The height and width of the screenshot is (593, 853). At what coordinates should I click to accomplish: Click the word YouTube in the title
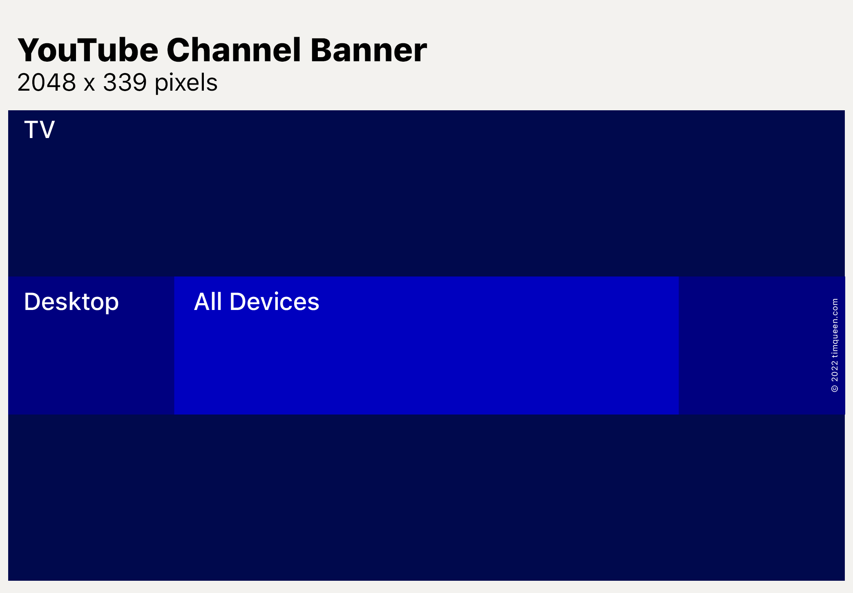(88, 50)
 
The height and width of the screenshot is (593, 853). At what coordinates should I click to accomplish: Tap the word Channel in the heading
(234, 50)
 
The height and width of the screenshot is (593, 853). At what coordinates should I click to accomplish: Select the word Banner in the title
(369, 50)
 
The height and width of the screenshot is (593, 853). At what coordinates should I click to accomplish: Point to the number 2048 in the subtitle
(47, 82)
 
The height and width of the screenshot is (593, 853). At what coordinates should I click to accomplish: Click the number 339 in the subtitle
(125, 82)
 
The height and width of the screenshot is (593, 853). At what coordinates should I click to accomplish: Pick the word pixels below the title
(186, 83)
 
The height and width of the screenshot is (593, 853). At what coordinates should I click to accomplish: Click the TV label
(39, 130)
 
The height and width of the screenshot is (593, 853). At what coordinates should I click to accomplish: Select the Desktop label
(71, 302)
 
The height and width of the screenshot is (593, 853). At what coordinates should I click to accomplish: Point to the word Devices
(275, 302)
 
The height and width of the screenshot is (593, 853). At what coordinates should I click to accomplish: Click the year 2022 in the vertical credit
(835, 371)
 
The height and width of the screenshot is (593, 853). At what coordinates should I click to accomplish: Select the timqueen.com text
(835, 328)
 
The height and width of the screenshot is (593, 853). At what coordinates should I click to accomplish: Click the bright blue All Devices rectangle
(426, 346)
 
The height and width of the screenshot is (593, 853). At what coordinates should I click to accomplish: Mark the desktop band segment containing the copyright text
(762, 346)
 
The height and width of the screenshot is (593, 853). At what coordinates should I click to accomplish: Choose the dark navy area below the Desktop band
(426, 497)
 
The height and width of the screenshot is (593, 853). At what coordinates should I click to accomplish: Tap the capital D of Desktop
(33, 301)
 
